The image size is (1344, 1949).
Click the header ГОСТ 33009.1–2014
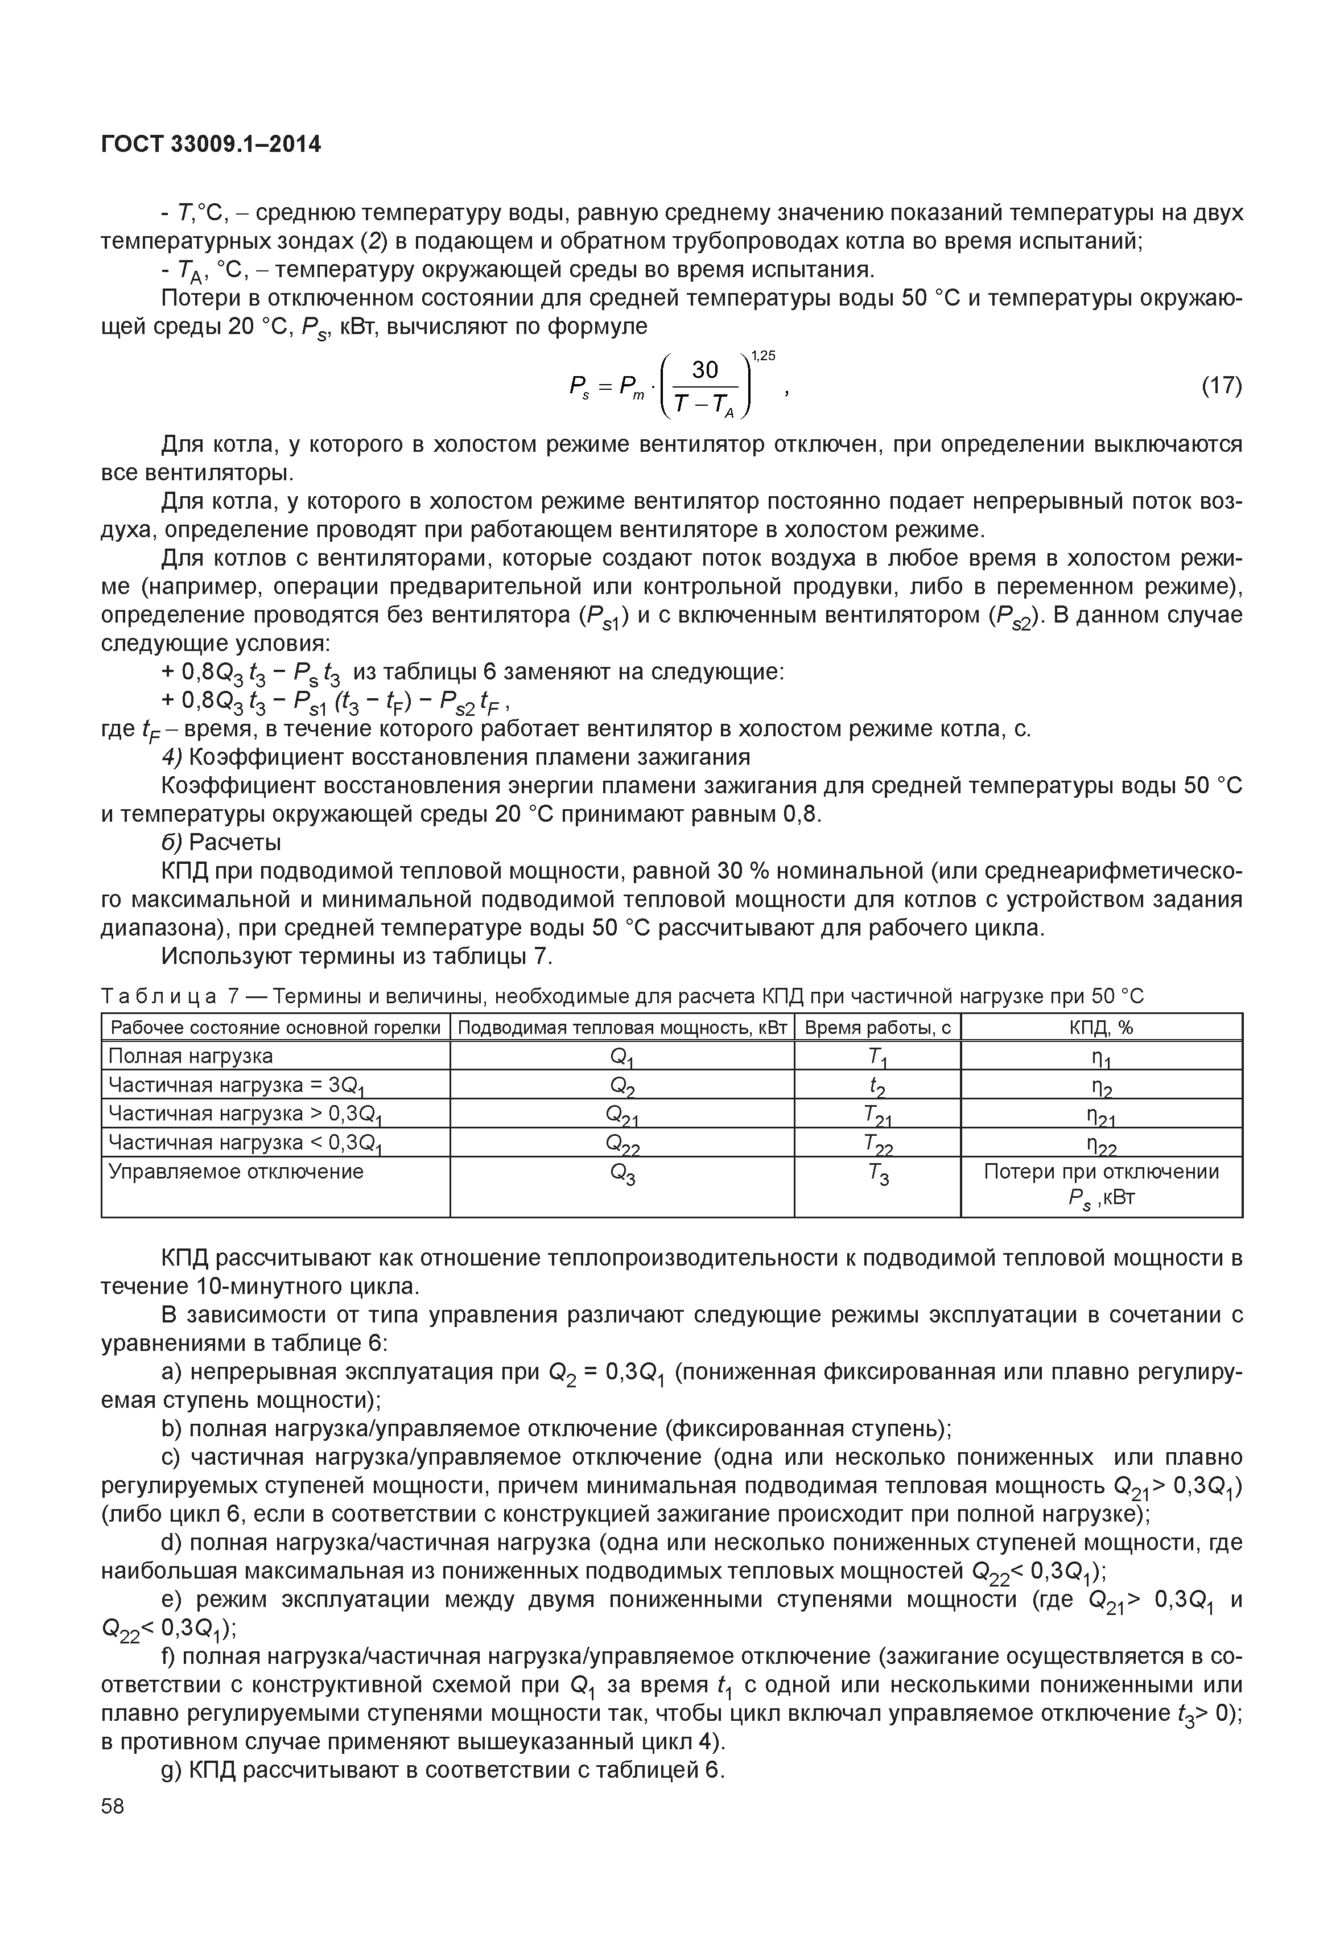[211, 144]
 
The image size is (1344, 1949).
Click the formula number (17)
[1221, 386]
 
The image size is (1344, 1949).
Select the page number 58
[112, 1806]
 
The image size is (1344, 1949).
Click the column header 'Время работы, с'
[877, 1028]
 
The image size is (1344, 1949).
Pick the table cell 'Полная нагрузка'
[191, 1056]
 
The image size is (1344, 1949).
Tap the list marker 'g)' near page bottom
[172, 1771]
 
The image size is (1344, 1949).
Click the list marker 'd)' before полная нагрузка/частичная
[172, 1543]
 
